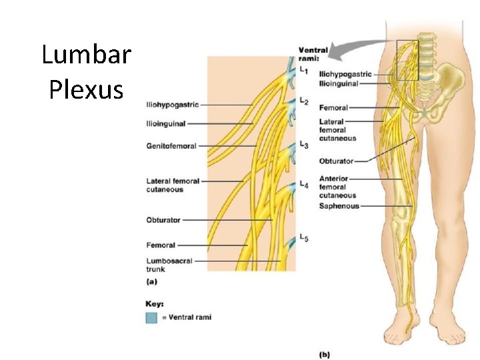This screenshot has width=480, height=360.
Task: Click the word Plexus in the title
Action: point(86,89)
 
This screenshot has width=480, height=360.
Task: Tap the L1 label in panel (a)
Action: point(304,69)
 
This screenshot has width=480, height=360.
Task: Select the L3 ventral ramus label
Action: point(304,144)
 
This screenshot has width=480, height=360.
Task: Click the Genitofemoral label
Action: point(171,146)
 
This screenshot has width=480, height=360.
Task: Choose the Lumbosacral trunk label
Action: point(169,265)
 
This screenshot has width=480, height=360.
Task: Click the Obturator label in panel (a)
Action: point(163,220)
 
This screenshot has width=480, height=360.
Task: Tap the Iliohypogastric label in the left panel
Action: point(172,105)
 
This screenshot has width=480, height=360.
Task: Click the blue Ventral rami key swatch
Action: point(152,317)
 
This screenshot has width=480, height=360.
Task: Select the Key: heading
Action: point(155,304)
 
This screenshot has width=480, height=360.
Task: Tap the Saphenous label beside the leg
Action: point(339,206)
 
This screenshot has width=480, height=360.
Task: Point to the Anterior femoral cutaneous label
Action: point(338,187)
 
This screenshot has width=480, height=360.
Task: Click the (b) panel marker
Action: point(324,354)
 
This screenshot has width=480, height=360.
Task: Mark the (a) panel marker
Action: point(152,281)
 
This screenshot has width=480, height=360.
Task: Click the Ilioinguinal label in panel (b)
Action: point(339,84)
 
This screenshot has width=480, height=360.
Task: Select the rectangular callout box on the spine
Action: point(407,60)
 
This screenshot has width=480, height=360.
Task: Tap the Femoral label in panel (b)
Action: point(333,107)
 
